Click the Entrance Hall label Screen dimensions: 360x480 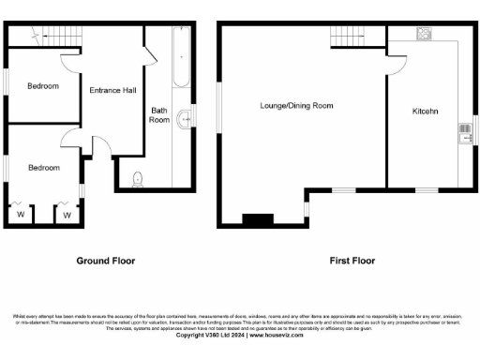tap(112, 90)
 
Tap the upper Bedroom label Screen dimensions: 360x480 tap(43, 86)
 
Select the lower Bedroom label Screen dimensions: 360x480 tap(43, 168)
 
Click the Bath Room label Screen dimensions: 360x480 tap(160, 115)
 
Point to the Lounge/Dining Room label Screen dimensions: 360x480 tap(296, 106)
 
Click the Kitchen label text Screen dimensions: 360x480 tap(427, 112)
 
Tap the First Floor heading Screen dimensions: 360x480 tap(349, 260)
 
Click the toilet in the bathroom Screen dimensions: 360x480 tap(139, 177)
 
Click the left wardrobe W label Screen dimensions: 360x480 tap(20, 215)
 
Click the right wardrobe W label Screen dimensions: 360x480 tap(67, 215)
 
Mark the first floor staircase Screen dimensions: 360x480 tap(346, 37)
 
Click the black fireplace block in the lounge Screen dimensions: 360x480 tap(255, 220)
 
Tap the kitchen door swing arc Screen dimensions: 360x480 tap(397, 64)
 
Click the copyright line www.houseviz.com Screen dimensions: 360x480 tap(240, 336)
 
